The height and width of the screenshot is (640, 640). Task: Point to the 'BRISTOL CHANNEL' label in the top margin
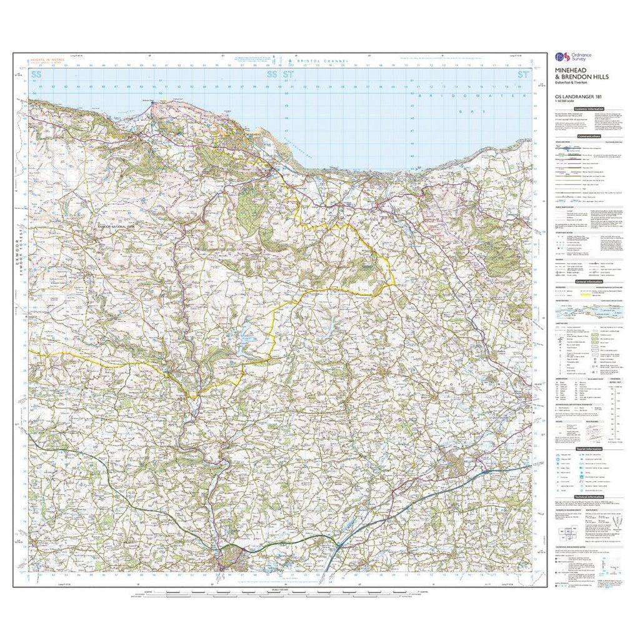316,61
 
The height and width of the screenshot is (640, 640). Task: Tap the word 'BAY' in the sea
463,111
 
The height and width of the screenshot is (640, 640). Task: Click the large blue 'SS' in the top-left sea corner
38,75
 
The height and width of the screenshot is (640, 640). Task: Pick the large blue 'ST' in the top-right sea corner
522,75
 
